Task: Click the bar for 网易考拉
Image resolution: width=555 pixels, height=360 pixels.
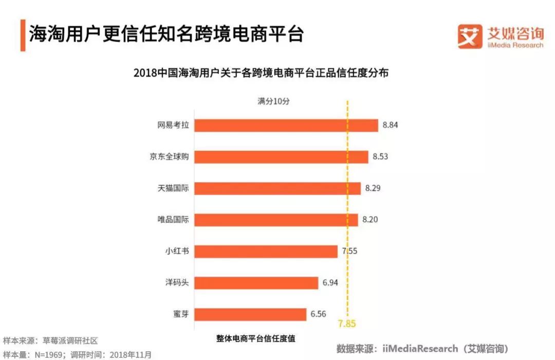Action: coord(287,125)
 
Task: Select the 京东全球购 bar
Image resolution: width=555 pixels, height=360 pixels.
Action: coord(282,157)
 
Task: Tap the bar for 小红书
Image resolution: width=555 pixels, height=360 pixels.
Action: coord(266,251)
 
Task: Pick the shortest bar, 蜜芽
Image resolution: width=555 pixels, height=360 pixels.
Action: coord(251,314)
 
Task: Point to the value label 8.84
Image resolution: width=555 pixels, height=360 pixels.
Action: coord(391,125)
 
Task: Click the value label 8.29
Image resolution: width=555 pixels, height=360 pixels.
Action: coord(373,188)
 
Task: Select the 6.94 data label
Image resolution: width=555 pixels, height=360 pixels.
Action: coord(330,282)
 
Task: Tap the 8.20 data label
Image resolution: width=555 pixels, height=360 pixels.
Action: coord(370,220)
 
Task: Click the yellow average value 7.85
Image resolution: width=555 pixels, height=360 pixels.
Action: coord(347,324)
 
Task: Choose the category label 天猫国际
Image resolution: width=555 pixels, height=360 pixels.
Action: coord(173,188)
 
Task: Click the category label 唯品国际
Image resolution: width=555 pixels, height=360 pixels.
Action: coord(173,220)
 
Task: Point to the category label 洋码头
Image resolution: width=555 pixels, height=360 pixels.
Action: coord(176,282)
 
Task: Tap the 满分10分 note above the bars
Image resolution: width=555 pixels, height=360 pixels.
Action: coord(273,101)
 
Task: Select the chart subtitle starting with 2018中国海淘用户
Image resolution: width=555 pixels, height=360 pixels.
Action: coord(261,73)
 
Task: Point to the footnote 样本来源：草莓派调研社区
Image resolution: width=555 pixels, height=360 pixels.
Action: coord(50,340)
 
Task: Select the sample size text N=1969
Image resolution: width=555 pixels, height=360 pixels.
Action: coord(46,354)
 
